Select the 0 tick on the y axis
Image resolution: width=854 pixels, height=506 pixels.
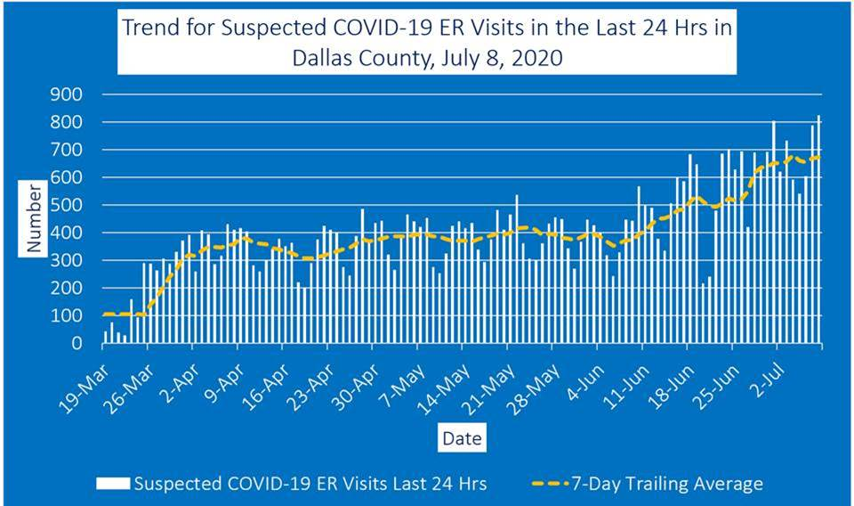[x=77, y=343]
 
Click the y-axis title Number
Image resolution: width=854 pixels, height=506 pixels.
[x=34, y=218]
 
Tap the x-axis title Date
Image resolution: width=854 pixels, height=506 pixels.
[x=462, y=438]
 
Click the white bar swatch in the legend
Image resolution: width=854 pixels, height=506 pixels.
[x=113, y=484]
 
